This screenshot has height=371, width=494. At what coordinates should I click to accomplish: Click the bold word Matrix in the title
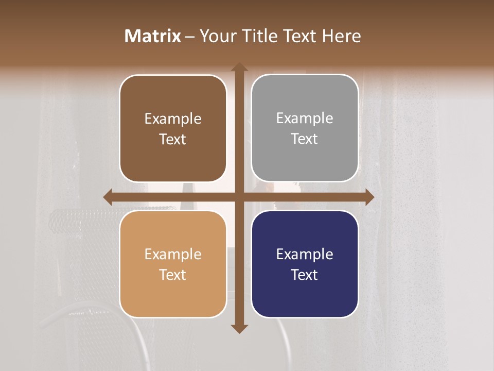153,36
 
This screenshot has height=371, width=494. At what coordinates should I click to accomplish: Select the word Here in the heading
341,36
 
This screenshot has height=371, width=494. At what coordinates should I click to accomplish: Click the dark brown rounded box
173,128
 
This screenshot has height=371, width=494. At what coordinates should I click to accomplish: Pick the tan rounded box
173,264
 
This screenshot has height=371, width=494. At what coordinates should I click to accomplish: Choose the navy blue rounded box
305,264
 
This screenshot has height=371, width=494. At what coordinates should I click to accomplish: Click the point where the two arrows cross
239,197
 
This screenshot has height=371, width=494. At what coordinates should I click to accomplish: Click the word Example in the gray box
305,118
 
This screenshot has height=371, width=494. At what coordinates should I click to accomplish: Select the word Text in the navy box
305,275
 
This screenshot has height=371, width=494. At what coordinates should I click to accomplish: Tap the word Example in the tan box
173,254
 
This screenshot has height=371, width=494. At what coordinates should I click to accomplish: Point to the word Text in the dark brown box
173,139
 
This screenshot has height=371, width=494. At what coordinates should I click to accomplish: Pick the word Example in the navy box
305,254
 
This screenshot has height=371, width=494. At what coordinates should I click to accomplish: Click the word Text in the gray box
305,139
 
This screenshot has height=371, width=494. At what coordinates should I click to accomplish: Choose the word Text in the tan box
173,275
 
